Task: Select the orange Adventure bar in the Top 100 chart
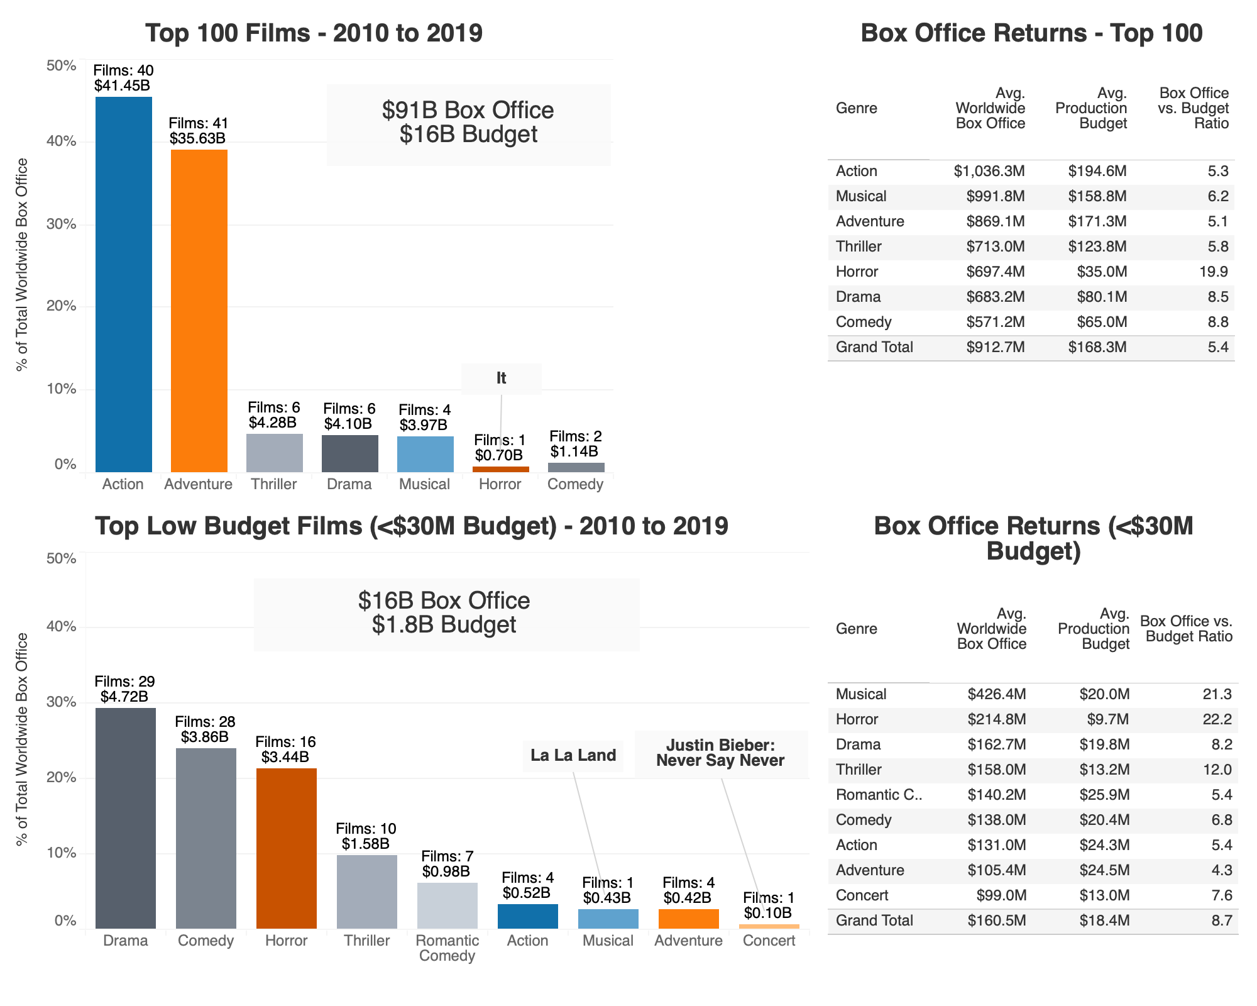[x=199, y=311]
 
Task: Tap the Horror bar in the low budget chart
[x=286, y=848]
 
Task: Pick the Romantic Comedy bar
[x=447, y=905]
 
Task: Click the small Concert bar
[x=769, y=926]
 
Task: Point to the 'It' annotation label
[x=501, y=379]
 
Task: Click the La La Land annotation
[x=573, y=755]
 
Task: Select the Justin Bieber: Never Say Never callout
[x=720, y=753]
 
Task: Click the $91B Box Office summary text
[x=468, y=110]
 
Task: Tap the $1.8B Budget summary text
[x=444, y=624]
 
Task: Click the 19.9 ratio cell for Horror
[x=1217, y=272]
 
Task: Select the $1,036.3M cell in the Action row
[x=989, y=171]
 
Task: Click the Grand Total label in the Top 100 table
[x=874, y=347]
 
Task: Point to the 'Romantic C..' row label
[x=878, y=795]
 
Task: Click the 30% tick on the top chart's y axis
[x=62, y=224]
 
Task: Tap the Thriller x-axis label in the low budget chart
[x=366, y=941]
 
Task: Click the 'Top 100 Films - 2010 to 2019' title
[x=314, y=33]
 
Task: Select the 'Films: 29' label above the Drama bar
[x=124, y=682]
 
